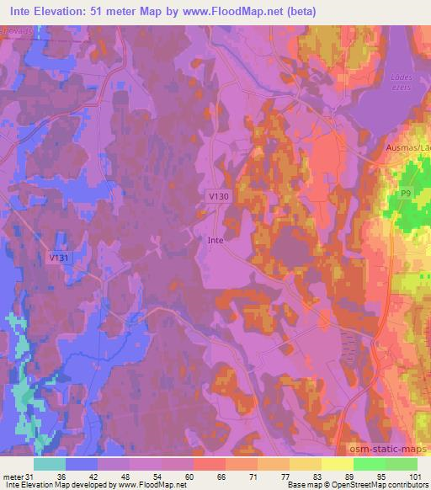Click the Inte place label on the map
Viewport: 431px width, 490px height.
coord(215,239)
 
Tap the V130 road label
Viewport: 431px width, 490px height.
coord(218,195)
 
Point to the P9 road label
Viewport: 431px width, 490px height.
coord(405,194)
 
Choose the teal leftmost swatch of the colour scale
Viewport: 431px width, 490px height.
coord(50,464)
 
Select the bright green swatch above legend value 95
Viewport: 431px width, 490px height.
coord(369,464)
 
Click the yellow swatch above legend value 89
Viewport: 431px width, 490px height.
coord(337,464)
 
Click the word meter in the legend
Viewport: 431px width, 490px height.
coord(13,477)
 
